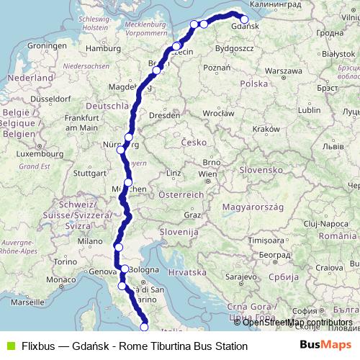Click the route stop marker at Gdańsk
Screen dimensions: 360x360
click(244, 20)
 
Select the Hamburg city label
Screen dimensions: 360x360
click(102, 48)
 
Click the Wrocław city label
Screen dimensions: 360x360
click(218, 113)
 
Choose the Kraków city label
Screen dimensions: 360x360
click(266, 128)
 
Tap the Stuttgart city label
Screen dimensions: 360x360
click(89, 173)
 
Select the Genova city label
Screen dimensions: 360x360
click(102, 271)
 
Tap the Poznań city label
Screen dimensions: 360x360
click(217, 67)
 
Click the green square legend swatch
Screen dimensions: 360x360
click(9, 346)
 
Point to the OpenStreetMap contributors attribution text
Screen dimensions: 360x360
click(297, 323)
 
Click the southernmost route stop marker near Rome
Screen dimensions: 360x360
click(144, 327)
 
